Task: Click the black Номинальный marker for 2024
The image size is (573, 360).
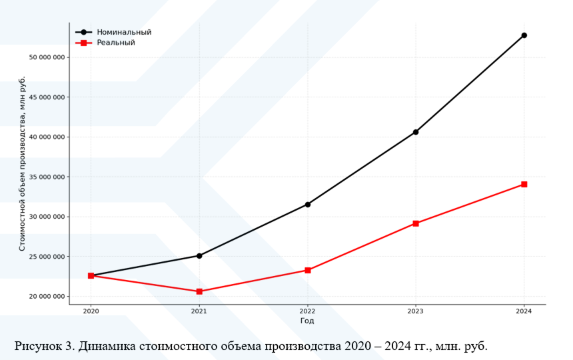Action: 524,35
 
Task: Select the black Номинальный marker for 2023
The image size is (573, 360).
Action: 416,132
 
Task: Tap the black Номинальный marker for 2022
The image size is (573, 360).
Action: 307,204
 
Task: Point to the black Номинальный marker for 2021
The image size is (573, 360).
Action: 199,255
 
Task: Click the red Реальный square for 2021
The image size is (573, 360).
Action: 199,291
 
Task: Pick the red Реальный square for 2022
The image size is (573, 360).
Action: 307,270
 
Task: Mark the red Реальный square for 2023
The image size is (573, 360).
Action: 416,223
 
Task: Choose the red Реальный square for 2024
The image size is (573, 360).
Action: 524,184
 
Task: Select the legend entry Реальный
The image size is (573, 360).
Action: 116,43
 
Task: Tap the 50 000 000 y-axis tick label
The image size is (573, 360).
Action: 47,57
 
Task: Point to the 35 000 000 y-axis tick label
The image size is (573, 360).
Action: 47,177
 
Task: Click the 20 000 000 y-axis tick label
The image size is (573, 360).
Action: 47,297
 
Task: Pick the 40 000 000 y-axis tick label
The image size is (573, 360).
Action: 47,137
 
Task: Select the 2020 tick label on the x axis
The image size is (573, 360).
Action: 91,311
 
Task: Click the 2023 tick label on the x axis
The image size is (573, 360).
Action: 416,311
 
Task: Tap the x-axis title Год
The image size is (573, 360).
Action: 307,321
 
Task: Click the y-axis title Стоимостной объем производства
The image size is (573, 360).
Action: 22,164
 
